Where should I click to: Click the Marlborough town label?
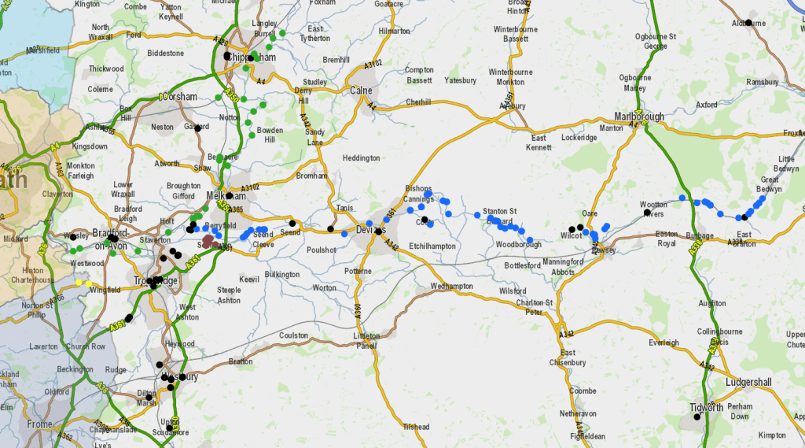[x=639, y=117]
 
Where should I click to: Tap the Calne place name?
[x=361, y=91]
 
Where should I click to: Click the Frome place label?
[x=39, y=424]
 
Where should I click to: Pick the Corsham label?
[x=182, y=97]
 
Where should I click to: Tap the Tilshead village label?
[x=416, y=427]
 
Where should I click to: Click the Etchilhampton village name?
[x=432, y=246]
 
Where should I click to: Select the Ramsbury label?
[x=762, y=82]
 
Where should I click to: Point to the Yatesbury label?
[x=460, y=80]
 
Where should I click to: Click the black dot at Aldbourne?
[x=748, y=23]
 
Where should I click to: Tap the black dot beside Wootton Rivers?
[x=647, y=213]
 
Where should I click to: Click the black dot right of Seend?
[x=292, y=224]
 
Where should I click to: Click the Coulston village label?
[x=294, y=335]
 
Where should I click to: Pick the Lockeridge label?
[x=579, y=137]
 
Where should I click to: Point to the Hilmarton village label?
[x=394, y=31]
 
